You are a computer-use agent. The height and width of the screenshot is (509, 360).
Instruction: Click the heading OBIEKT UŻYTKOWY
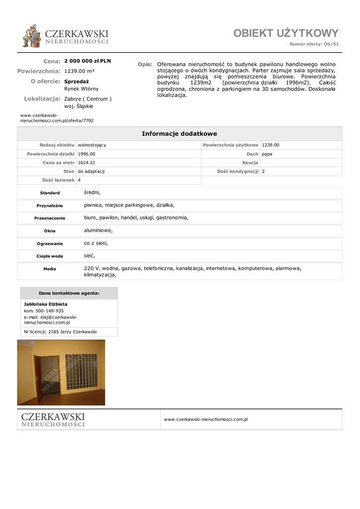[x=286, y=33]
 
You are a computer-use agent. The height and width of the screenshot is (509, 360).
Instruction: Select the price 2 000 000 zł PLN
[x=88, y=61]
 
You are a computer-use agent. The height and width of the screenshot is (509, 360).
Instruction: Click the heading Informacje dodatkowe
[x=180, y=134]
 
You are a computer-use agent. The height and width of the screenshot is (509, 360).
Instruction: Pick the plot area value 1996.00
[x=87, y=154]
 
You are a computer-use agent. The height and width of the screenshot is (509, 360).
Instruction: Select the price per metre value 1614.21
[x=87, y=163]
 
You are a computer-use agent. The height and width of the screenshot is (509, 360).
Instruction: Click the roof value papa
[x=267, y=154]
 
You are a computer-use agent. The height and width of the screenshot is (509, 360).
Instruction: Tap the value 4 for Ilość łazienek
[x=80, y=180]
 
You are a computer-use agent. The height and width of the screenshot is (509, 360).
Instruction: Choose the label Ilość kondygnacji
[x=238, y=171]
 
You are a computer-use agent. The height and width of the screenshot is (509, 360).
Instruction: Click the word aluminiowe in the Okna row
[x=98, y=230]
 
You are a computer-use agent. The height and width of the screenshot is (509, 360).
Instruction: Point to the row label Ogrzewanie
[x=50, y=244]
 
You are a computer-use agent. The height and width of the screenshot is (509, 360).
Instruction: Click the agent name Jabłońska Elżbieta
[x=46, y=304]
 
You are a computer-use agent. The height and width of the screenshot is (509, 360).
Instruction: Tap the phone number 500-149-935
[x=50, y=311]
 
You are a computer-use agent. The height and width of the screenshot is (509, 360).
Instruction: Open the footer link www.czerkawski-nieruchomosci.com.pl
[x=206, y=420]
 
